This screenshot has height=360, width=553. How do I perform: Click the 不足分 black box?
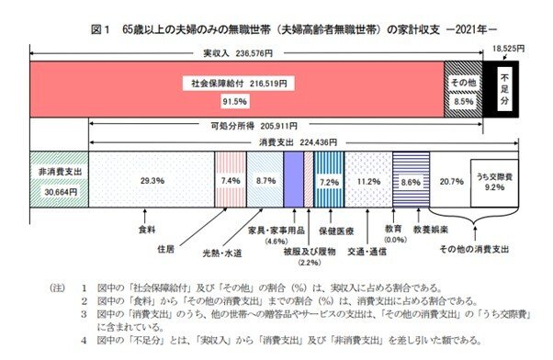(x=502, y=90)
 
